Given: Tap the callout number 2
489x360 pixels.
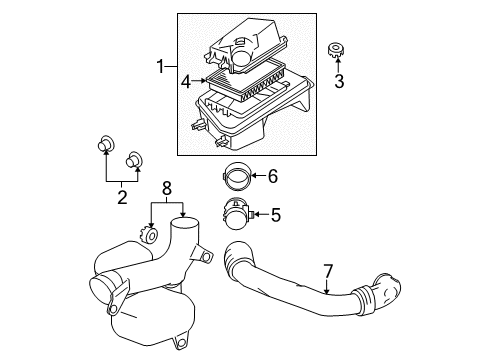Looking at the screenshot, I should [121, 197].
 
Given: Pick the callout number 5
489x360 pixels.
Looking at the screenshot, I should [275, 214].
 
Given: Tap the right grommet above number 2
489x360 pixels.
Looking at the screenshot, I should [132, 159].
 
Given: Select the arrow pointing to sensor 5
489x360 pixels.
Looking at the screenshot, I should [259, 214].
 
